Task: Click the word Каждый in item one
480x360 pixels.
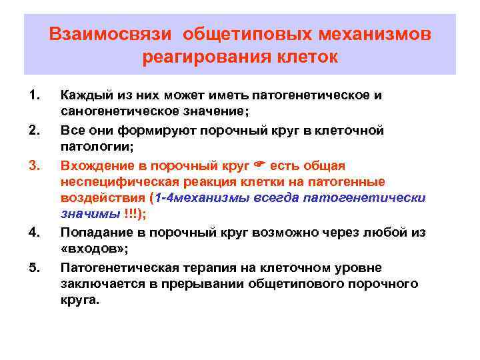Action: (83, 95)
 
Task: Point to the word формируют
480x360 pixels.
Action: (147, 130)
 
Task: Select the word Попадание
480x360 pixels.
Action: (93, 233)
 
